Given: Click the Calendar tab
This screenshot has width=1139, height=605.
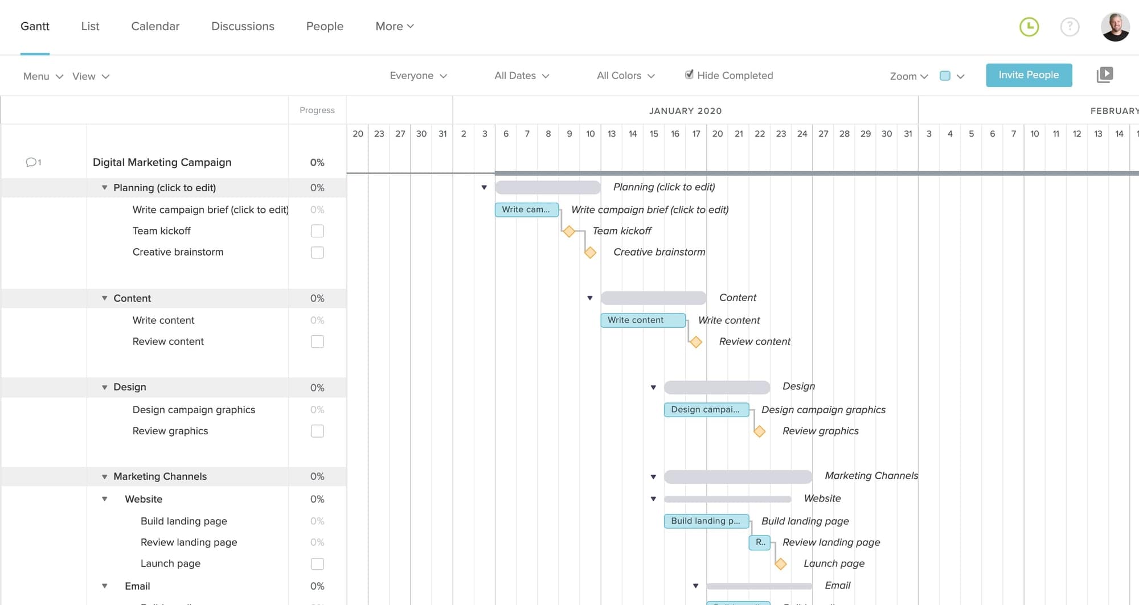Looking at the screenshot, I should click(155, 26).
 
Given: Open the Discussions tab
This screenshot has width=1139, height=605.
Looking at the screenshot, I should click(243, 26).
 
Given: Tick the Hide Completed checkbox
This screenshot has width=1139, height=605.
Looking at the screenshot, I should click(689, 75).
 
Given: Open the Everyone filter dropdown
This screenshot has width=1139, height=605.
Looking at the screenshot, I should click(418, 76).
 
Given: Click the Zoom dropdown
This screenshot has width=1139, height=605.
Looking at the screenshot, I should click(908, 76).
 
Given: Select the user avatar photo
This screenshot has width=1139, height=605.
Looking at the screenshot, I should click(1115, 27).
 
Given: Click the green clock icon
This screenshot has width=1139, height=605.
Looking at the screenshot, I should click(1029, 27).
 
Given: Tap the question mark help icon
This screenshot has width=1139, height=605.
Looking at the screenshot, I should click(1070, 27).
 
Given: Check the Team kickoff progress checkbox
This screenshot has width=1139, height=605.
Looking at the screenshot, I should click(317, 231).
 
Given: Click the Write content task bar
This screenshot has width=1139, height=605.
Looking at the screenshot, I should click(642, 320).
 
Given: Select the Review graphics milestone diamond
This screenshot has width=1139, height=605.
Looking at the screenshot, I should click(759, 431).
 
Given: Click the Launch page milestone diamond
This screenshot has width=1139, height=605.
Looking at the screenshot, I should click(780, 564).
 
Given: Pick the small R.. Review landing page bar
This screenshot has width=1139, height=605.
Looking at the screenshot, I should click(759, 542).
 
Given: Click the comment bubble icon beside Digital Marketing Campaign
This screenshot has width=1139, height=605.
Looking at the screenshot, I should click(31, 162).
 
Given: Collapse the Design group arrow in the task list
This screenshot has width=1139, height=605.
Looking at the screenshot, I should click(105, 388).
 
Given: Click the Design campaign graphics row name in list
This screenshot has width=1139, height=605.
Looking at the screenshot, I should click(194, 410).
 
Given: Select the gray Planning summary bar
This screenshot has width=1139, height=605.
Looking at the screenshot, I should click(547, 187).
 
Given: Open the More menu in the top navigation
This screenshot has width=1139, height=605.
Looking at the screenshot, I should click(394, 26).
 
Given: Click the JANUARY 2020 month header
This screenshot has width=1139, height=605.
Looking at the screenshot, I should click(685, 111).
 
